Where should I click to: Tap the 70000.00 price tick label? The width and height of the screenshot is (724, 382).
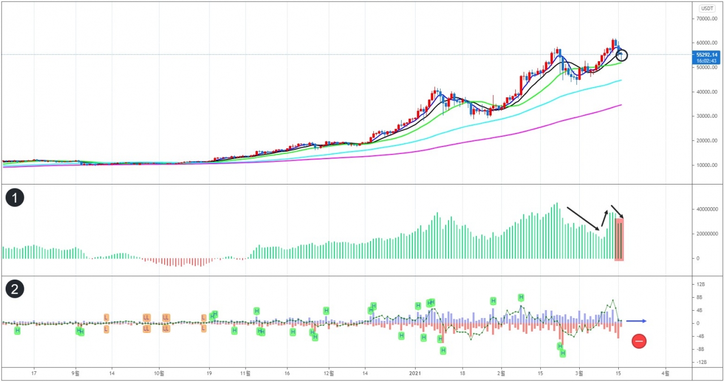(x=706, y=19)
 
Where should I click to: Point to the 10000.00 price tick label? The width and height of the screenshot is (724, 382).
(x=706, y=165)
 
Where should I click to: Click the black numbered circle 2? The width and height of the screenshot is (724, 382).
(x=14, y=289)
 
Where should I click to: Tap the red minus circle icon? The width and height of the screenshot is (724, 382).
(x=639, y=341)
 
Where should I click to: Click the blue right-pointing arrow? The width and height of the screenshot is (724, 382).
(x=636, y=321)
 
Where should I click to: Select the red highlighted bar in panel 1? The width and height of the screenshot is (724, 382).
(x=619, y=239)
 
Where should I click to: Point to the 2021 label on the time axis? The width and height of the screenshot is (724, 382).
(x=416, y=374)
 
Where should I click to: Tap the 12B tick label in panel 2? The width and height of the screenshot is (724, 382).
(x=700, y=284)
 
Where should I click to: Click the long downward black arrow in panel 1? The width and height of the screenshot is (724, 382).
(x=583, y=218)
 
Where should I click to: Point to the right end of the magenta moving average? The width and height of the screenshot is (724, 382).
(x=621, y=105)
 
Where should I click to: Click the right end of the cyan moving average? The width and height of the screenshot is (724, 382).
(x=621, y=80)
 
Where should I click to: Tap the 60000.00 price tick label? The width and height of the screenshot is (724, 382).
(x=706, y=43)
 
